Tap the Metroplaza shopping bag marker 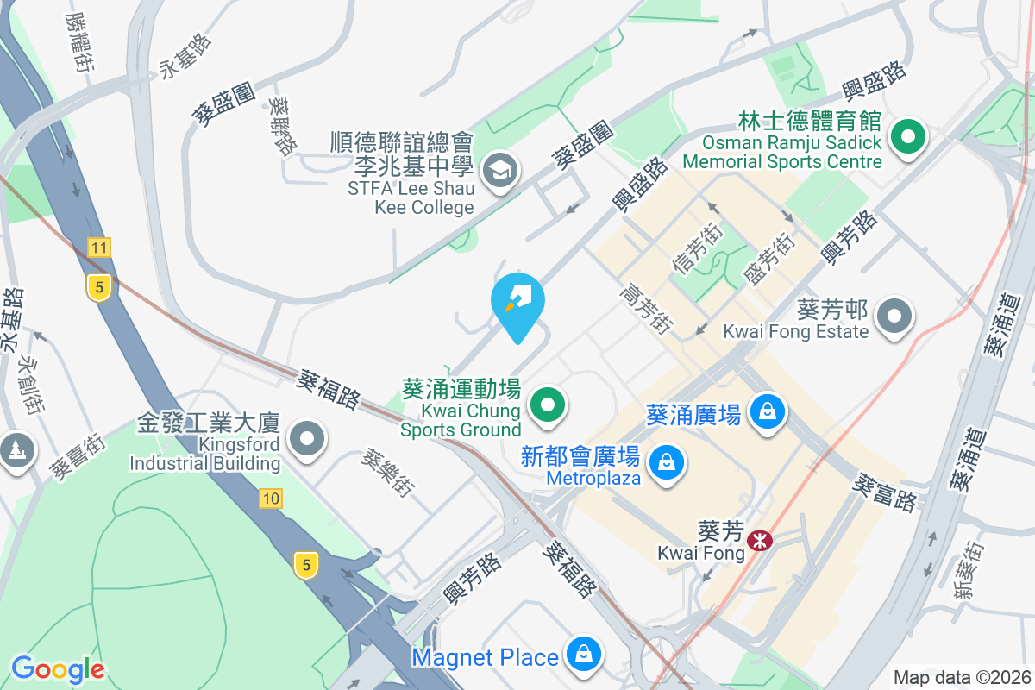tap(667, 463)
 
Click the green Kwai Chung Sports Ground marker tap(546, 404)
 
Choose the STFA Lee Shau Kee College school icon tap(499, 169)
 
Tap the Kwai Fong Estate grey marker tap(894, 317)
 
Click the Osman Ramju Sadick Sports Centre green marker tap(906, 137)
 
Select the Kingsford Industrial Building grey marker tap(307, 440)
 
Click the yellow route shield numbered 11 tap(99, 248)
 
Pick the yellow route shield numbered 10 tap(271, 498)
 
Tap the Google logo tap(58, 669)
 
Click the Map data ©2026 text tap(961, 677)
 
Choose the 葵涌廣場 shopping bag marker tap(766, 411)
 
